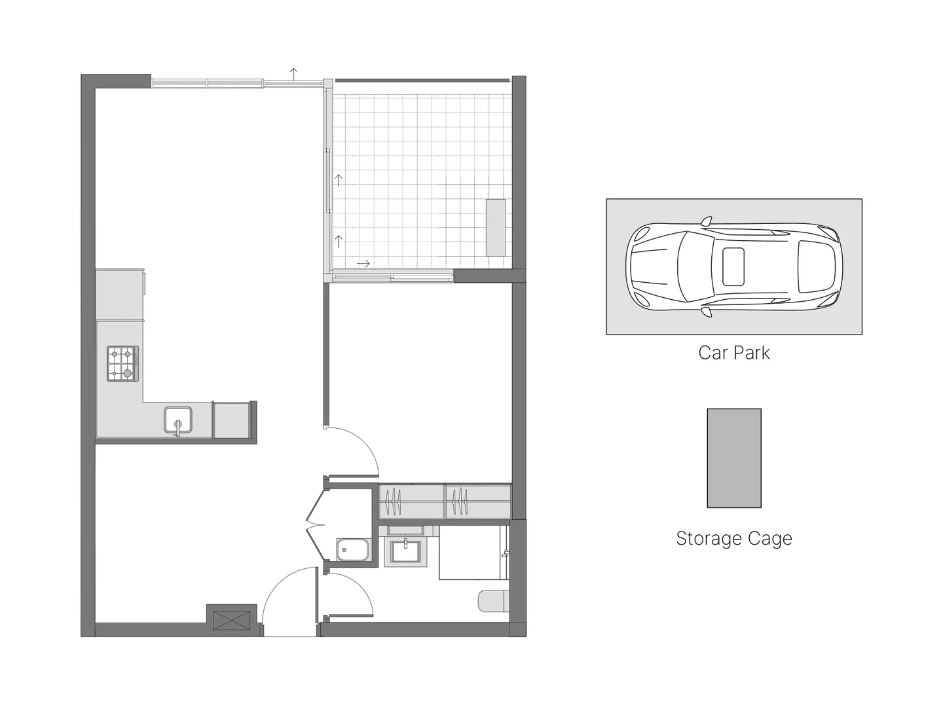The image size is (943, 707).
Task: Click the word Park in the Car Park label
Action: tap(753, 353)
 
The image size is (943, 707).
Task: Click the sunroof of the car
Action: tap(733, 267)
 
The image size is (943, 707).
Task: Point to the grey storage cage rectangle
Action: tap(733, 458)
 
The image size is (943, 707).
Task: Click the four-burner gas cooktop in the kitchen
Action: tap(123, 364)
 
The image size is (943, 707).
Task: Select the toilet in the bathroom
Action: tap(493, 601)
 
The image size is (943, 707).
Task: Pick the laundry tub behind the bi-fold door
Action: tap(354, 551)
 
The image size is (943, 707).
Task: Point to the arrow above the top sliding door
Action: tap(294, 73)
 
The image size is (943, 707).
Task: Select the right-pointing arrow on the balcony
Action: tap(363, 263)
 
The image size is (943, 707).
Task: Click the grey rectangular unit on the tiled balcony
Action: tap(496, 227)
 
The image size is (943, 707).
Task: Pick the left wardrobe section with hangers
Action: tap(411, 501)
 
